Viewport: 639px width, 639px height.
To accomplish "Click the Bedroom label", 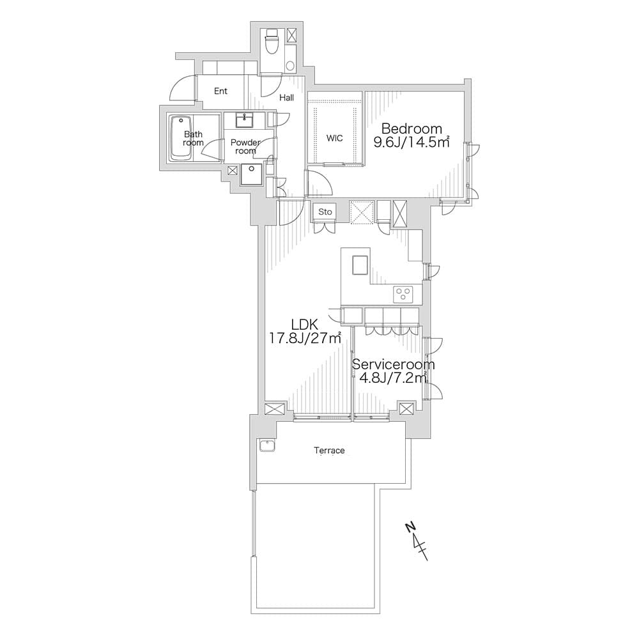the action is [x=412, y=129].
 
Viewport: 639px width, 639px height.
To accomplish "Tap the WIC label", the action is [x=335, y=138].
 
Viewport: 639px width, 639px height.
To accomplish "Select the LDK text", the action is [x=304, y=325].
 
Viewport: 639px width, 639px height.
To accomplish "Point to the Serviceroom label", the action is [x=393, y=364].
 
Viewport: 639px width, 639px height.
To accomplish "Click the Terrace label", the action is [x=329, y=450].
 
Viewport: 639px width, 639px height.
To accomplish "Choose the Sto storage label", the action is [x=325, y=212].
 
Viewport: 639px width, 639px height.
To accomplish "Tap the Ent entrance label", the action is [x=220, y=91].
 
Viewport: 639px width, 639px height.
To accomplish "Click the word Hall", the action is [x=286, y=98].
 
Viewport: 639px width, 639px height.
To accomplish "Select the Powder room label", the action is [x=245, y=147].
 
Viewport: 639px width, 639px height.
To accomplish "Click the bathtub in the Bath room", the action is [x=181, y=139].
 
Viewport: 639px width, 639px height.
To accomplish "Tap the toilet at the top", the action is [x=271, y=42].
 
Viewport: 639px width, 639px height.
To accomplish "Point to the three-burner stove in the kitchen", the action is [x=403, y=294].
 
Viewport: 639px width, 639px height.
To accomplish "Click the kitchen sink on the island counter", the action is [x=360, y=266].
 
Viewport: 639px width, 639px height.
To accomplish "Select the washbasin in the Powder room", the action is [x=244, y=120].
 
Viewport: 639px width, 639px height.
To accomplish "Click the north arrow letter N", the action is [x=411, y=527].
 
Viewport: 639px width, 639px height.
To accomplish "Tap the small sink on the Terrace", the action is [x=267, y=445].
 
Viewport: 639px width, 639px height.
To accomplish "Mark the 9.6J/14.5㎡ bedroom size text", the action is [x=412, y=142].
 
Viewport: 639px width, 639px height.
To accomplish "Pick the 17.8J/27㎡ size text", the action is [x=305, y=338].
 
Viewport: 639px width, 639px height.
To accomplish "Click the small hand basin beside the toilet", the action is [x=290, y=65].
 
